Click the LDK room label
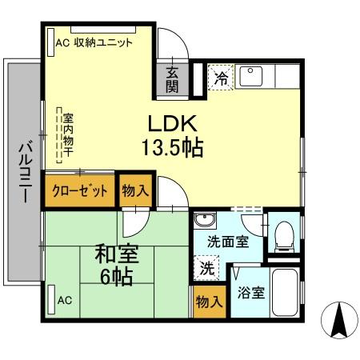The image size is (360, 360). tap(170, 124)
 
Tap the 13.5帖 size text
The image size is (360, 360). tap(171, 148)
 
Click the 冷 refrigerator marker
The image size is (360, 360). tap(221, 78)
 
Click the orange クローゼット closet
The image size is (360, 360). tap(79, 191)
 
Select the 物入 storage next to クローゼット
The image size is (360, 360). tap(135, 190)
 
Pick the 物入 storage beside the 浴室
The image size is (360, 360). tap(208, 302)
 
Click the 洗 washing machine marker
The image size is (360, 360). tap(206, 269)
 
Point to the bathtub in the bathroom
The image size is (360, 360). tap(284, 293)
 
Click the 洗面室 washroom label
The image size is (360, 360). tap(227, 242)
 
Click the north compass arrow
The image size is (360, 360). tap(338, 322)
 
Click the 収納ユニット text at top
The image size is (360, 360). tap(103, 43)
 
